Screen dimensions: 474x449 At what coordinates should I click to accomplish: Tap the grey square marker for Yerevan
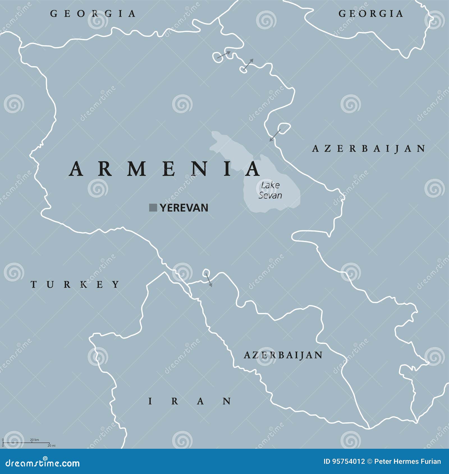153,208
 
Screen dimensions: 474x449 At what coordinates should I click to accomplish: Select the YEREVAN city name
184,208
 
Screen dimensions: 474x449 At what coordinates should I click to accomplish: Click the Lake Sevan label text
270,190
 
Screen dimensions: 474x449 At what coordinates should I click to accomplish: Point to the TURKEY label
75,285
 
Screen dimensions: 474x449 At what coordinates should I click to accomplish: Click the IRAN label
190,401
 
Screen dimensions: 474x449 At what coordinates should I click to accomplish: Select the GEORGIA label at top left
93,13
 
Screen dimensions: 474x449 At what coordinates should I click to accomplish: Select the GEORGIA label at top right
371,13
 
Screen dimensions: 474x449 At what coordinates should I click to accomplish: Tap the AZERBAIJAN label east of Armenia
369,148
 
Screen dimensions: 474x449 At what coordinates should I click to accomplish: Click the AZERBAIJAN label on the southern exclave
283,355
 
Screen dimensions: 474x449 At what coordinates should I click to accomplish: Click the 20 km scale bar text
35,440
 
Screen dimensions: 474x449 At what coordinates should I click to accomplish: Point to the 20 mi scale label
51,445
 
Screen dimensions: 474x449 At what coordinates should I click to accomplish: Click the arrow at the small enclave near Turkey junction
209,280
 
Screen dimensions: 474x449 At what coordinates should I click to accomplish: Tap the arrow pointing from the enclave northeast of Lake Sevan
275,135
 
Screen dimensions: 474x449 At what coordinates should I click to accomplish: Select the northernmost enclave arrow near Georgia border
224,54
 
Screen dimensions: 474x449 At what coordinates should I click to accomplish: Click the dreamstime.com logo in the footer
42,463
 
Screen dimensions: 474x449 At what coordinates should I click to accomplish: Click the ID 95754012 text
344,461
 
